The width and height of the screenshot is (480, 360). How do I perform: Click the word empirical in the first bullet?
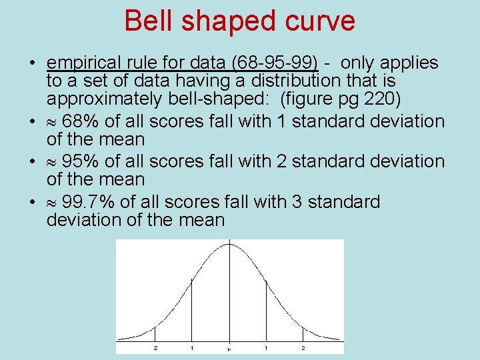[x=89, y=63]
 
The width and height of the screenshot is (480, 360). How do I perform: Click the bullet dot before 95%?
[x=32, y=162]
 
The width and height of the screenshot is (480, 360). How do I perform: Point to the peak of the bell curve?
[x=229, y=244]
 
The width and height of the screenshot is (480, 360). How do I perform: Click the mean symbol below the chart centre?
[x=229, y=349]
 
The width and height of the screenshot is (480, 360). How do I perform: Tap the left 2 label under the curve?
[x=155, y=348]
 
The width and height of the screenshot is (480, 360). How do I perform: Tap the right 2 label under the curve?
[x=303, y=348]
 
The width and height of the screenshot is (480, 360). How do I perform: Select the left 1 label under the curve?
[x=192, y=348]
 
